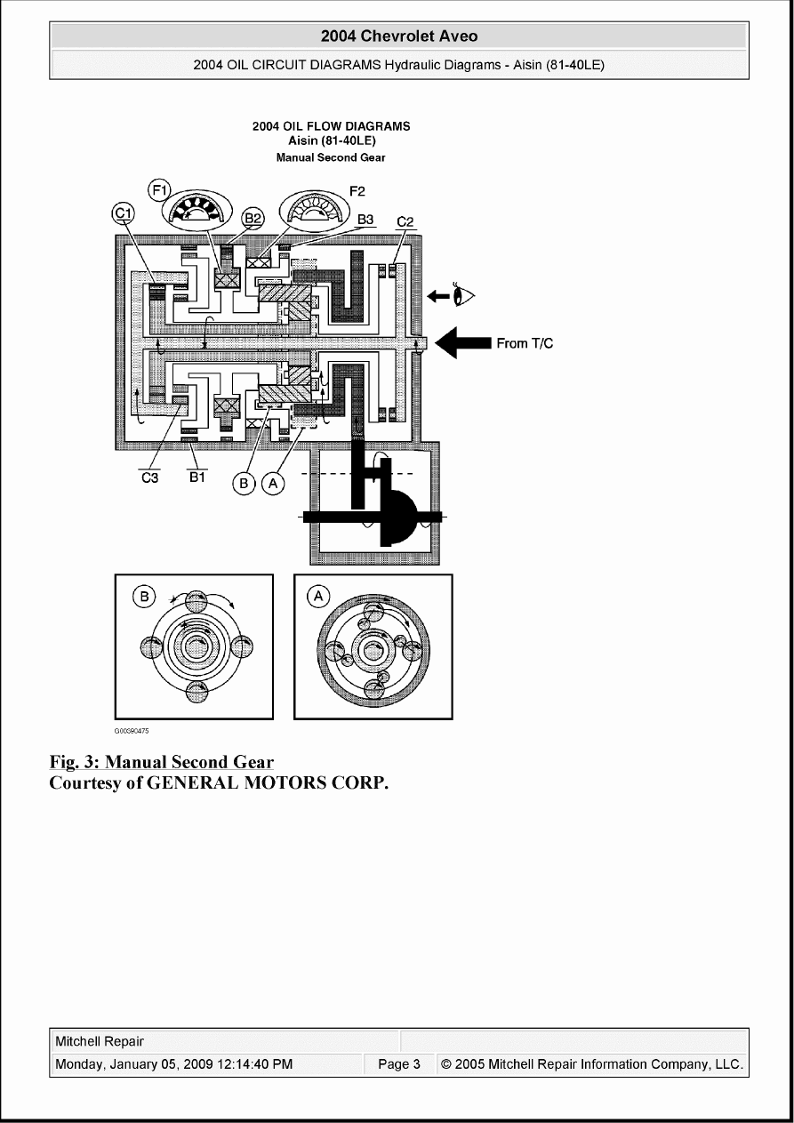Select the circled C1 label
point(124,213)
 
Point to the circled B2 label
point(253,217)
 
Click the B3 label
point(365,218)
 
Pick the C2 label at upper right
point(405,221)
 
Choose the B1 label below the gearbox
point(196,477)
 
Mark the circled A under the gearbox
point(273,483)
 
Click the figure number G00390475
point(131,731)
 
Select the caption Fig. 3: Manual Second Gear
point(161,762)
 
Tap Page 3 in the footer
point(398,1064)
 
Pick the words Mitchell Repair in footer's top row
point(100,1041)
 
